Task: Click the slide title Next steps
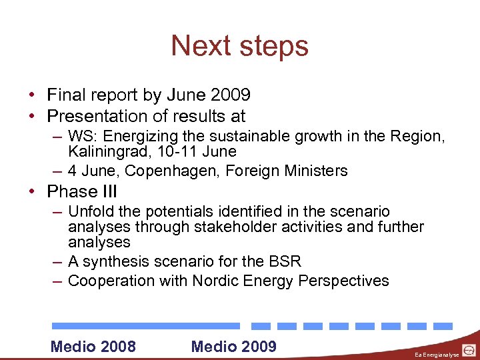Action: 240,46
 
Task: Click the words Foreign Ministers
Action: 287,171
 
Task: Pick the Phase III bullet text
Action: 82,192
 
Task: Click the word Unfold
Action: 91,212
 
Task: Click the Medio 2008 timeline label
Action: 93,346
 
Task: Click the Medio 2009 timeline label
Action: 233,346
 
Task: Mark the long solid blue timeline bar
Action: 146,326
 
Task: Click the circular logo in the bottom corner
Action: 469,350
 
